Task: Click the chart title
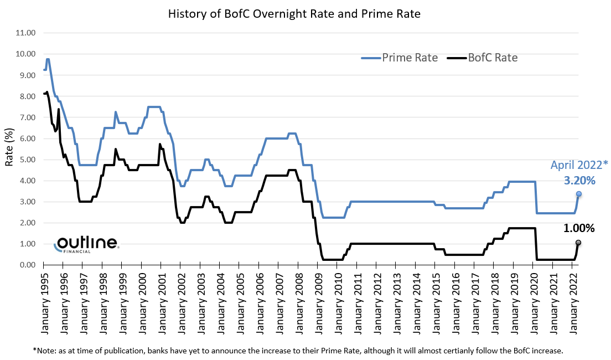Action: tap(294, 14)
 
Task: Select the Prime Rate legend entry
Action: tap(400, 58)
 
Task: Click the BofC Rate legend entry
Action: tap(483, 58)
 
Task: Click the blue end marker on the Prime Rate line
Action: tap(579, 194)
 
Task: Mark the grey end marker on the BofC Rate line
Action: tap(579, 243)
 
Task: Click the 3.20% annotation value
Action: tap(579, 181)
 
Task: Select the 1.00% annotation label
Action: tap(579, 228)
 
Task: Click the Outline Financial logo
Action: tap(86, 244)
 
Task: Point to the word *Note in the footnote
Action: tap(44, 351)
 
